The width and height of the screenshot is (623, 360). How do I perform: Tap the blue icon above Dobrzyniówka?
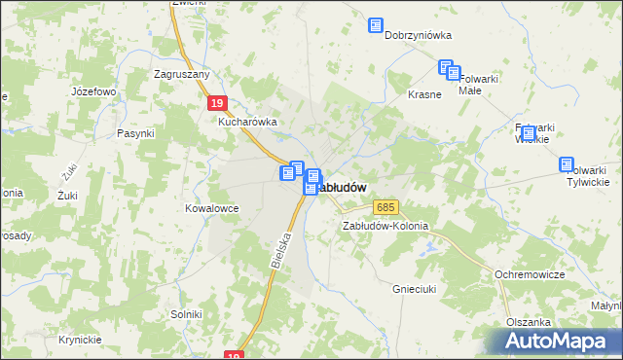pyautogui.click(x=376, y=26)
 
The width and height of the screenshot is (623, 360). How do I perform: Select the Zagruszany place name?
pyautogui.click(x=183, y=73)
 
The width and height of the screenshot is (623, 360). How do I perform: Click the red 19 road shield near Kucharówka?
pyautogui.click(x=218, y=102)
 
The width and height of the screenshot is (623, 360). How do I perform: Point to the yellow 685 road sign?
pyautogui.click(x=385, y=207)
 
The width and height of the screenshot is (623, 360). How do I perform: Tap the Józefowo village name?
pyautogui.click(x=94, y=91)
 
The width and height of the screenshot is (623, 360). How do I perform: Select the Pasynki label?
pyautogui.click(x=135, y=133)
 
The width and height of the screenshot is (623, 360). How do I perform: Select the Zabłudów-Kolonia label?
pyautogui.click(x=385, y=226)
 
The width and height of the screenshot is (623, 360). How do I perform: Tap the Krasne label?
pyautogui.click(x=424, y=95)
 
